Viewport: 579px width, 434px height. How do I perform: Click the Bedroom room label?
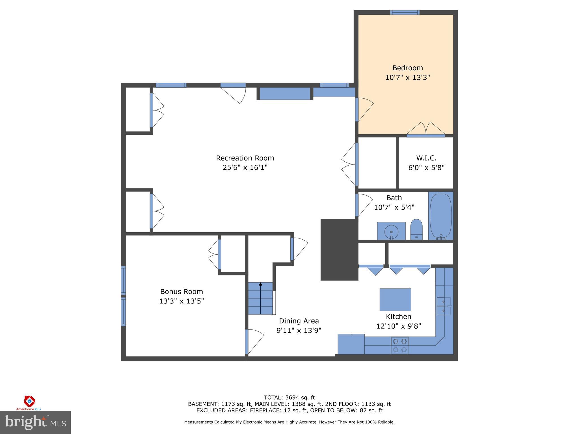[407, 68]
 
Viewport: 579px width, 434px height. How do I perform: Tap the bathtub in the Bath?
[440, 216]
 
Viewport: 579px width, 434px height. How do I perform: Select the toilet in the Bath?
[416, 229]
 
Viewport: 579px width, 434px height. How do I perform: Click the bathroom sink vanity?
[391, 231]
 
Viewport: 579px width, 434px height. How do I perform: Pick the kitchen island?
[395, 300]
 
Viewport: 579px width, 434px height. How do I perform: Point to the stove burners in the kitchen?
[400, 345]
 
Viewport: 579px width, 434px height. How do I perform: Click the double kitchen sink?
[444, 306]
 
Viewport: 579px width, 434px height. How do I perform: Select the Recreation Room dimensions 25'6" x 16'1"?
[245, 168]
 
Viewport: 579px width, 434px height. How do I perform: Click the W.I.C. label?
[426, 158]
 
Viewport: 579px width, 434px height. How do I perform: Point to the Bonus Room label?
[182, 292]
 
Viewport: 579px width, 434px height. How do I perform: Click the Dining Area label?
[299, 321]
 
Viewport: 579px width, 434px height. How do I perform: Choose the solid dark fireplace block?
[339, 249]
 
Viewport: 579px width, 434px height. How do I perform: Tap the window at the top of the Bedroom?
[405, 12]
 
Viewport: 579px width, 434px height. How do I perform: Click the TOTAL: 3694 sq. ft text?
[289, 398]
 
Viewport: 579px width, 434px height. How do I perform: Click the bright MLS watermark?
[35, 422]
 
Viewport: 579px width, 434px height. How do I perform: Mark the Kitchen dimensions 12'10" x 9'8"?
[399, 326]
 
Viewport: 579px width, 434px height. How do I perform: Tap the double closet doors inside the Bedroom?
[426, 129]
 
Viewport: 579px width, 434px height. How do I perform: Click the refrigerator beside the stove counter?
[351, 344]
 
